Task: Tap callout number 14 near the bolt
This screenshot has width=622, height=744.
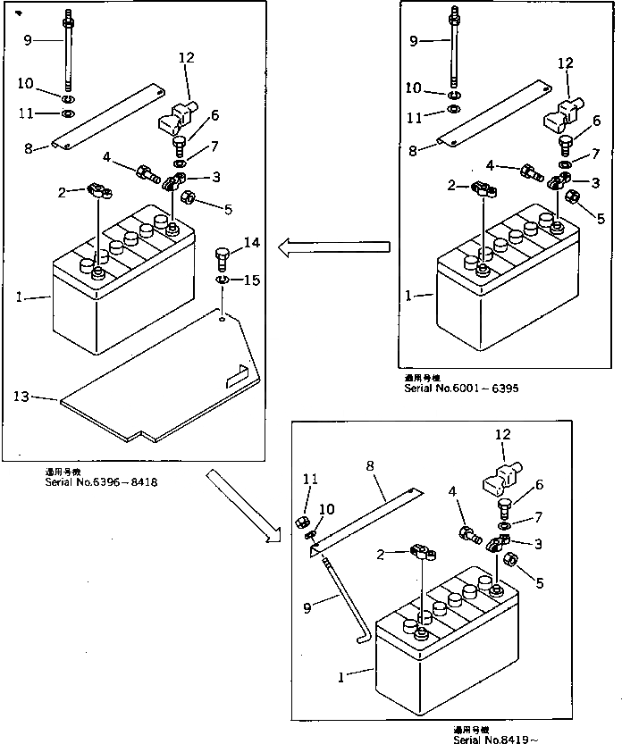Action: point(252,243)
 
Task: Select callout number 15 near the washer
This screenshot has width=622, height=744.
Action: point(252,280)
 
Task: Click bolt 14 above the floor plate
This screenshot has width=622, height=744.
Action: point(223,261)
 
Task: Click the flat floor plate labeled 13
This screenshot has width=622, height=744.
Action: point(161,384)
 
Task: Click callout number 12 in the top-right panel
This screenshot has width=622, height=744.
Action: point(565,63)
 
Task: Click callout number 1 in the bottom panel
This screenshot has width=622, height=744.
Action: point(343,675)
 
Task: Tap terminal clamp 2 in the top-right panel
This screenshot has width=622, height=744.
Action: point(485,189)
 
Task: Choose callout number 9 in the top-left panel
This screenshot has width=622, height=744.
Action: point(27,39)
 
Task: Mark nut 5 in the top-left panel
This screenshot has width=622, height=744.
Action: point(188,197)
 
